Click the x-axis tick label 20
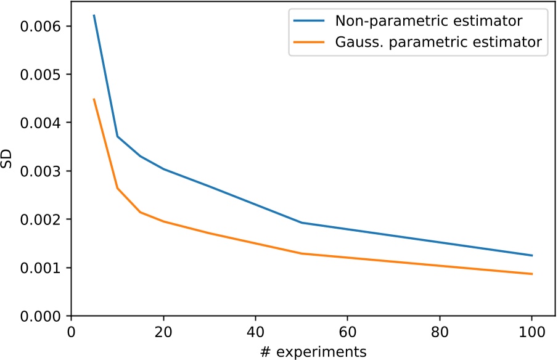click(163, 332)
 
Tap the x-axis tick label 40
click(255, 332)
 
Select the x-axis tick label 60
click(348, 332)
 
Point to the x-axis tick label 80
click(440, 332)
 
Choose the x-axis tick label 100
click(532, 332)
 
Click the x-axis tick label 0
click(72, 332)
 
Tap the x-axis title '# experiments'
click(313, 352)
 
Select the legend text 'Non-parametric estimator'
click(429, 21)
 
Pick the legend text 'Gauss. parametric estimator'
click(438, 42)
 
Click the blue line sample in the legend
click(309, 21)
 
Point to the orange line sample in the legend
click(309, 42)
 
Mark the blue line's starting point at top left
click(94, 15)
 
